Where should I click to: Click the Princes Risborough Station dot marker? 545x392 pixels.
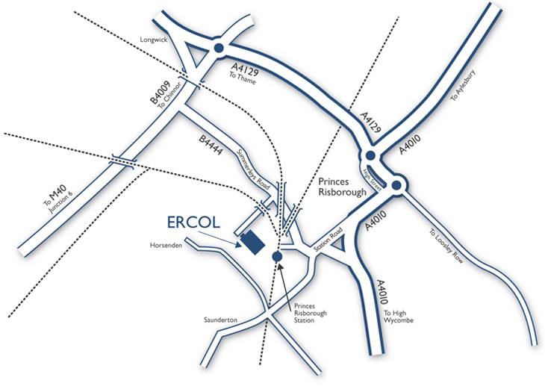tap(278, 256)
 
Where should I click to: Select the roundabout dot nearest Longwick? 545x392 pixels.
tap(218, 48)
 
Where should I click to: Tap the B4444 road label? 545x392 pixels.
tap(211, 145)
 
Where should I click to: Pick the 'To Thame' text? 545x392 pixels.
tap(243, 78)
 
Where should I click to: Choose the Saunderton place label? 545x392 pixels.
tap(220, 320)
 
